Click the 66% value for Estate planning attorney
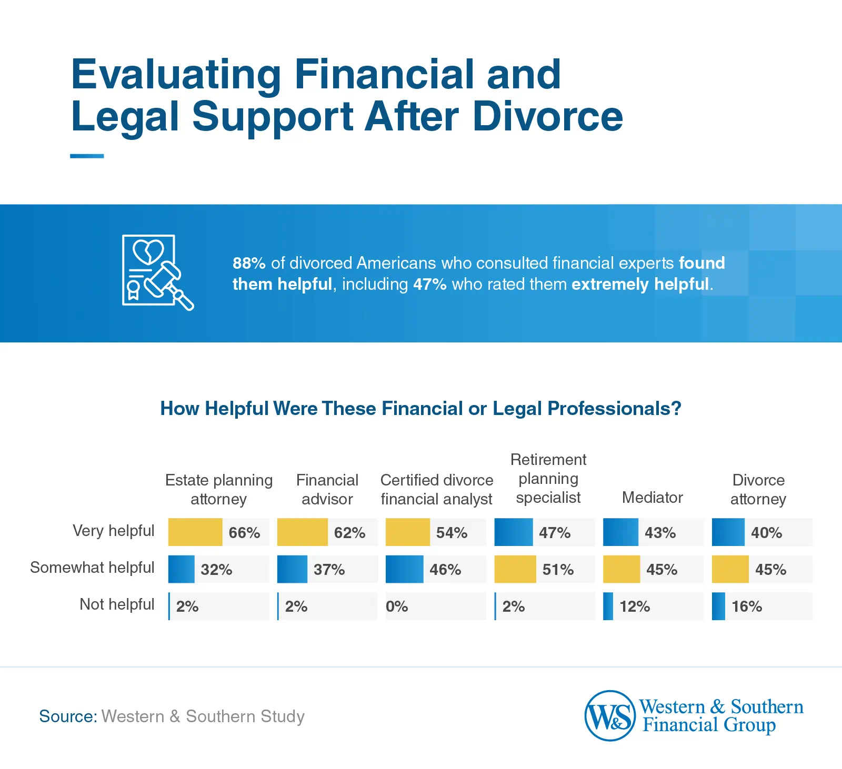pyautogui.click(x=244, y=533)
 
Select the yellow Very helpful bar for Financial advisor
pyautogui.click(x=302, y=532)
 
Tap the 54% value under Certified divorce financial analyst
pyautogui.click(x=452, y=533)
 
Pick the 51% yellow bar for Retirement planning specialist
pyautogui.click(x=515, y=569)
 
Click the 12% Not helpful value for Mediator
pyautogui.click(x=635, y=606)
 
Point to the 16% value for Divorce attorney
pyautogui.click(x=746, y=606)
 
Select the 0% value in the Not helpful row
pyautogui.click(x=397, y=606)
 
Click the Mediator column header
pyautogui.click(x=652, y=498)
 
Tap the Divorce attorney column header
pyautogui.click(x=758, y=489)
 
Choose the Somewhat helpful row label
pyautogui.click(x=92, y=568)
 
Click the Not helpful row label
pyautogui.click(x=117, y=604)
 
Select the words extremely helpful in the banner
pyautogui.click(x=640, y=285)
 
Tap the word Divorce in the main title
pyautogui.click(x=547, y=116)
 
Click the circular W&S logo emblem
pyautogui.click(x=610, y=716)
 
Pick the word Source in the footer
pyautogui.click(x=67, y=716)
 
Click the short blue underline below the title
pyautogui.click(x=87, y=156)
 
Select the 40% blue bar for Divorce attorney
pyautogui.click(x=728, y=532)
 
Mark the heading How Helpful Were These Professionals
pyautogui.click(x=420, y=409)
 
